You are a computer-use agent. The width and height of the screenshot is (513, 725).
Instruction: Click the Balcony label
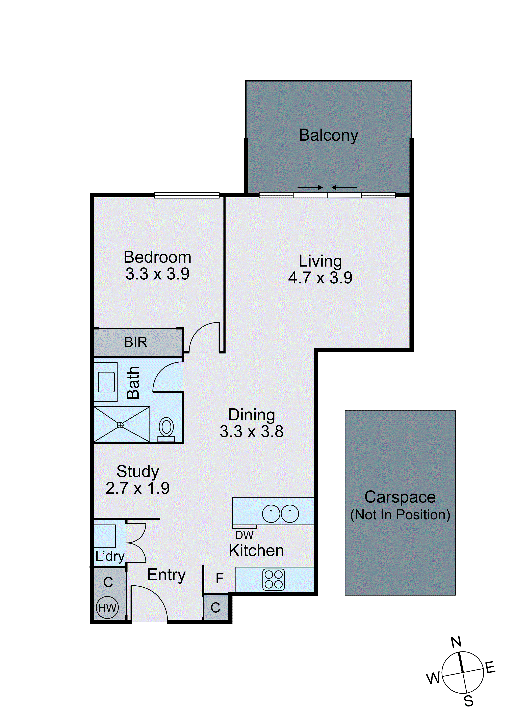coord(329,135)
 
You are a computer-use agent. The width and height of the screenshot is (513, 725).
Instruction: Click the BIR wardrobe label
coord(136,342)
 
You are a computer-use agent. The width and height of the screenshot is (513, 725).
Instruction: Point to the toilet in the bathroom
coord(166,428)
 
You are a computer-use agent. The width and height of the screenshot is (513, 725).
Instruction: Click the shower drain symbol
coord(120,425)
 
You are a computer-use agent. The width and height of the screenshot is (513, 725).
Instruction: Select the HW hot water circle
coord(107,607)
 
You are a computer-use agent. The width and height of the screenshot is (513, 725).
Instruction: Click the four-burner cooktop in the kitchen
coord(274,580)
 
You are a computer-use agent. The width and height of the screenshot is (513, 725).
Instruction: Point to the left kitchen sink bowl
coord(271,514)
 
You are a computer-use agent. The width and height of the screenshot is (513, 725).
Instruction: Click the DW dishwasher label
coord(244,535)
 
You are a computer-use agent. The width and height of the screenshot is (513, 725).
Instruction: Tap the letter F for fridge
coord(220,579)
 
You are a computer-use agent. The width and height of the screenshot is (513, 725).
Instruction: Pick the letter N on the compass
coord(456,642)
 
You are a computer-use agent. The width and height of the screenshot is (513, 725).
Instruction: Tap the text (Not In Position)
coord(400,515)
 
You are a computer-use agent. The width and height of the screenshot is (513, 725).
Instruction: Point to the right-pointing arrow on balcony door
coord(310,188)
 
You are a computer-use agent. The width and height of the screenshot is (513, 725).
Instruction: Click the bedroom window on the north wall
coord(186,195)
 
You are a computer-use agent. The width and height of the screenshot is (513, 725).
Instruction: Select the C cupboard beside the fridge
coord(215,608)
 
